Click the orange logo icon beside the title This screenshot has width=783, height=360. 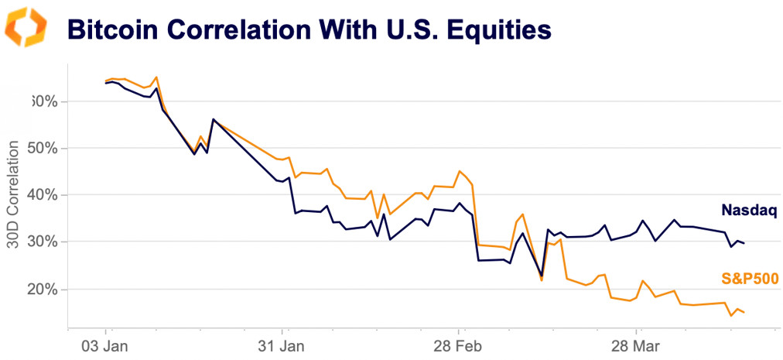[26, 27]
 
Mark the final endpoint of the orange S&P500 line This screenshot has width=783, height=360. [744, 312]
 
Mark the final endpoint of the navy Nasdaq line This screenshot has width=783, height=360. [744, 243]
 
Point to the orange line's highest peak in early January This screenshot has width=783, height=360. [156, 77]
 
